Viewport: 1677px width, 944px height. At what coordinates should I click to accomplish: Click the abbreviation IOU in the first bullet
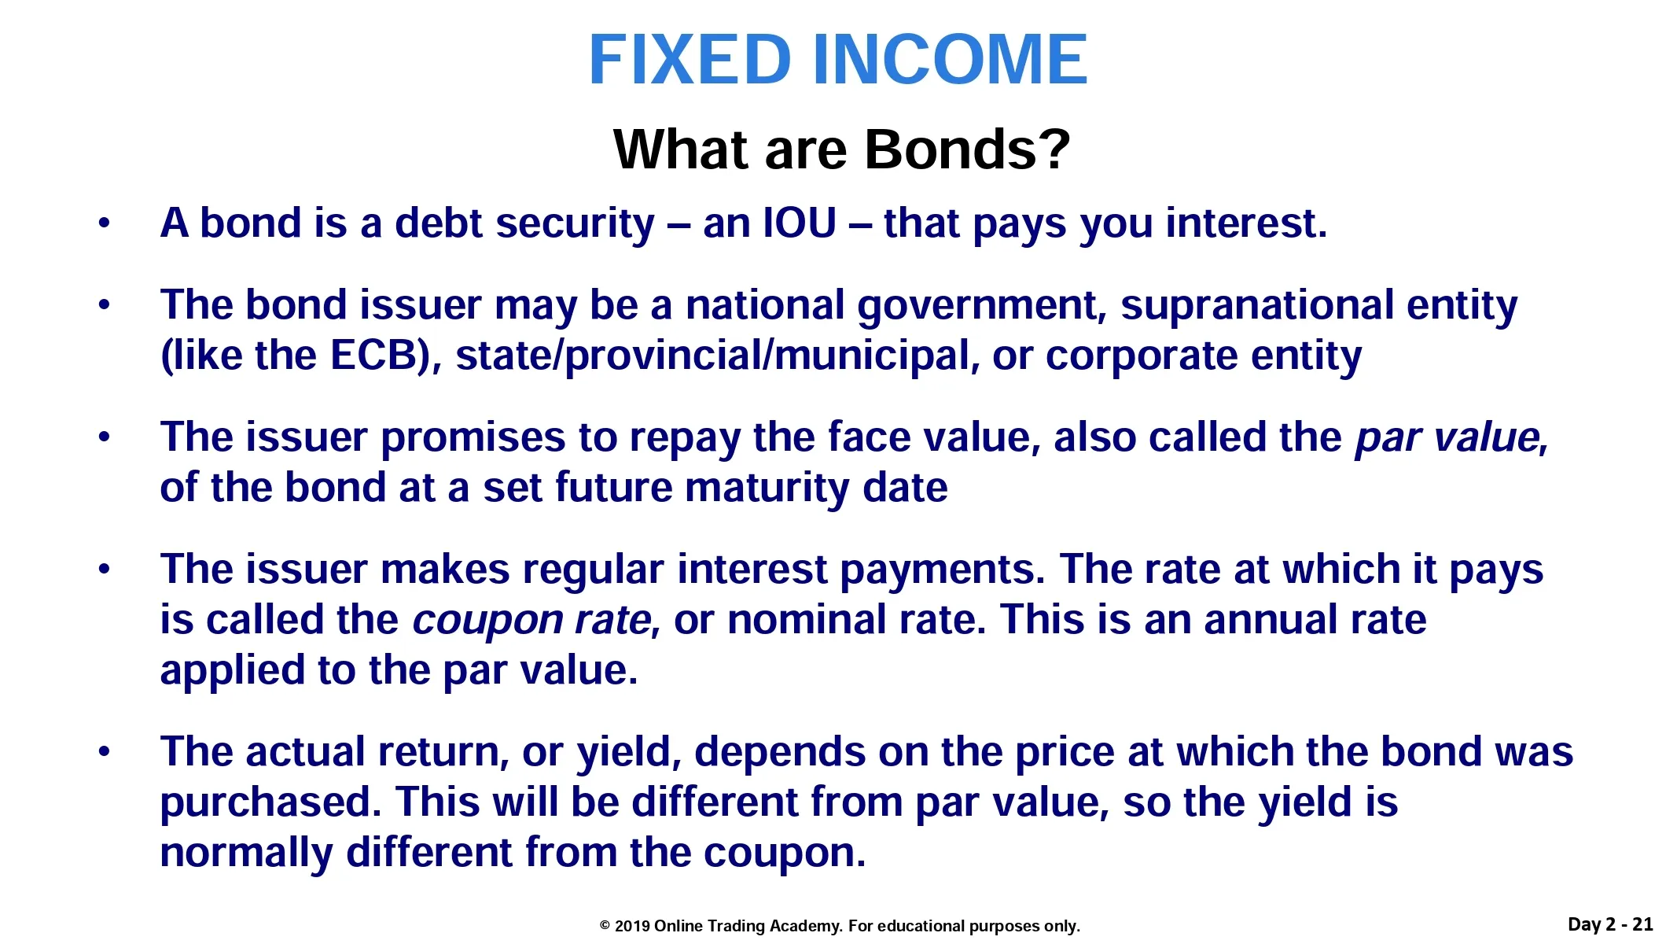coord(800,223)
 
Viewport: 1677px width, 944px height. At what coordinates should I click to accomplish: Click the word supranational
coord(1257,305)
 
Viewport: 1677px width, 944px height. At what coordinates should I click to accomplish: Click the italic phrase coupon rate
coord(532,621)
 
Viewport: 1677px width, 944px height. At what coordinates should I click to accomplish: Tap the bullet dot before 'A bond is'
coord(105,224)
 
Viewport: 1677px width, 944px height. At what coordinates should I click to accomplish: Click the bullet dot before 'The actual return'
coord(105,753)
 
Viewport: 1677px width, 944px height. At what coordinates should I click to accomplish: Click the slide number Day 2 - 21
coord(1610,924)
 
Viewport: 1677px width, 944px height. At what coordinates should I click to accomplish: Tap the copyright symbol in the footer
coord(605,926)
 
